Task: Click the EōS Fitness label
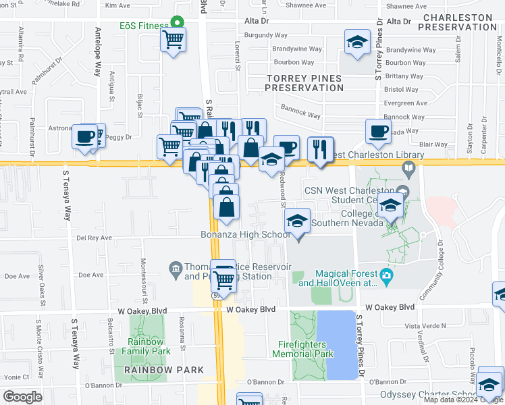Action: click(x=144, y=26)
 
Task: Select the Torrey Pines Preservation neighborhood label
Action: click(x=304, y=83)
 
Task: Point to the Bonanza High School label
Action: click(x=245, y=235)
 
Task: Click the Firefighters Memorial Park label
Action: click(x=306, y=349)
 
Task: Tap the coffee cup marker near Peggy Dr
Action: click(x=86, y=137)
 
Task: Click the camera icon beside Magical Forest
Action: click(x=386, y=275)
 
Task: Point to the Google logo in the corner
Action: click(x=22, y=396)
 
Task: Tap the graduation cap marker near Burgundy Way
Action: click(x=357, y=43)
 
